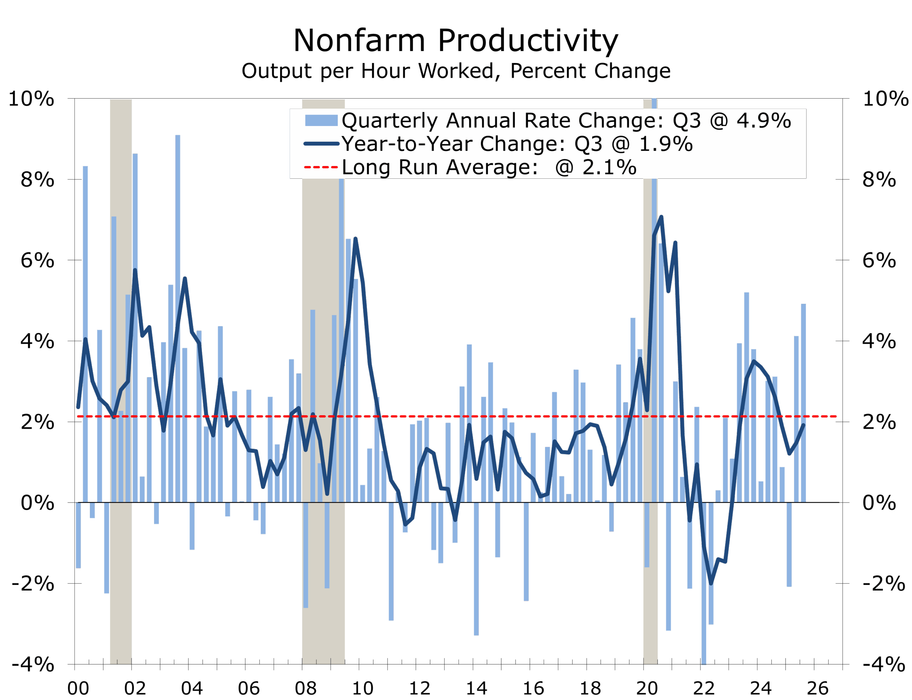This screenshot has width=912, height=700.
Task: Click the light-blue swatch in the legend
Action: pos(321,120)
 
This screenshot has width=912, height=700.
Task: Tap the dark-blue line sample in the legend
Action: pos(321,144)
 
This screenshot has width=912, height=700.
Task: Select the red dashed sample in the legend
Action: pos(321,167)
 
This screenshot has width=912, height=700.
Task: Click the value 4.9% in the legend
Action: pos(763,120)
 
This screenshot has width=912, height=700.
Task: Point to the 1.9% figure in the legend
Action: pos(666,144)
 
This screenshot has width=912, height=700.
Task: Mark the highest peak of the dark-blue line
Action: pos(662,217)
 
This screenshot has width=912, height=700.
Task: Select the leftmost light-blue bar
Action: pos(78,536)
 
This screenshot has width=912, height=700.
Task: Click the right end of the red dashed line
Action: pos(835,416)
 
